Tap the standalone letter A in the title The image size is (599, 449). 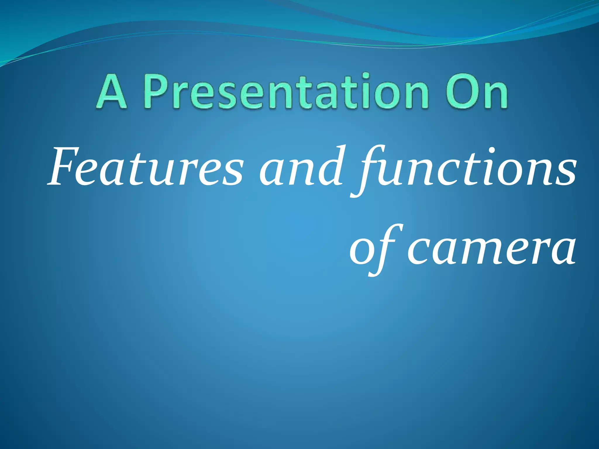click(111, 91)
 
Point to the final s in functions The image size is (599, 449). click(566, 174)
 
